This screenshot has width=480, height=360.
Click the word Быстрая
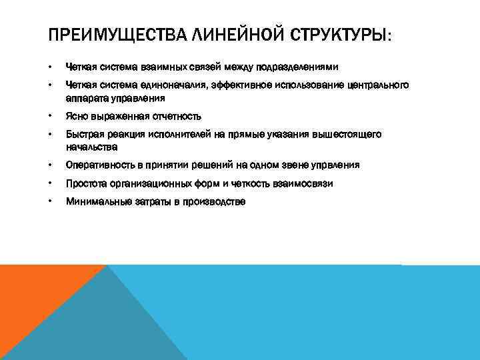point(83,134)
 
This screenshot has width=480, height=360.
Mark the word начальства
point(91,146)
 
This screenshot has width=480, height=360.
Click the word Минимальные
point(95,201)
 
